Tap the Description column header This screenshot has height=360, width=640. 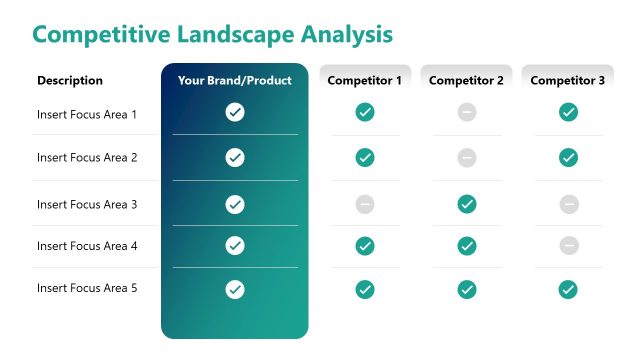pos(70,81)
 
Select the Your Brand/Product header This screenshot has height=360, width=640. pos(235,81)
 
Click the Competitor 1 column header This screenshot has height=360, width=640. pos(365,81)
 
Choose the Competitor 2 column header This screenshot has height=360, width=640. pos(466,81)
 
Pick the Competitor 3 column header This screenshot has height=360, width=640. pos(568,81)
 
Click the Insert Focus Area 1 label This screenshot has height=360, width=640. pos(87,114)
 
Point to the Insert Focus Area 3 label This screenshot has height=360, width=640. pos(87,204)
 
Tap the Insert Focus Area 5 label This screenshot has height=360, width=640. pos(87,288)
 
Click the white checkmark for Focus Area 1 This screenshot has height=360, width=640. pos(235,112)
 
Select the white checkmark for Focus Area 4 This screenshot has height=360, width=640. pos(235,245)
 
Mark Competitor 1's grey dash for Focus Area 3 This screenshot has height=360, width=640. pos(365,204)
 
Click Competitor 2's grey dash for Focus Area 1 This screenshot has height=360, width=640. pos(467,112)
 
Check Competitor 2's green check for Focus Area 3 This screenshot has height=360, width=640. pos(467,204)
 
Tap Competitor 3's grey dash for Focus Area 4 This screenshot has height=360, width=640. pos(569,245)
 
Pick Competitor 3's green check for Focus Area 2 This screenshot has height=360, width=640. pos(569,157)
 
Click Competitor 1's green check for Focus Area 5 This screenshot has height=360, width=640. pos(365,289)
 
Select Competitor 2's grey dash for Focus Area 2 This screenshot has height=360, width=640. pos(467,157)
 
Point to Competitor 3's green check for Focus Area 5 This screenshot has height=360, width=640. pos(569,289)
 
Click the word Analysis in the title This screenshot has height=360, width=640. pos(343,34)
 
